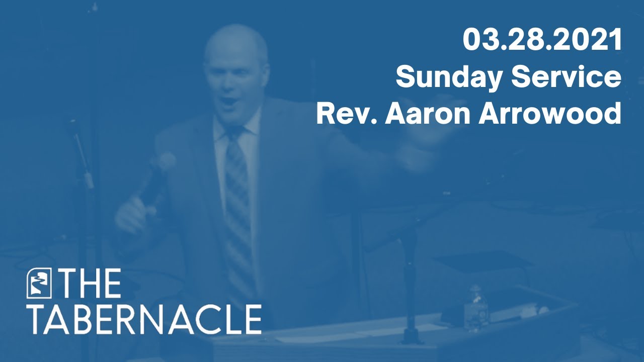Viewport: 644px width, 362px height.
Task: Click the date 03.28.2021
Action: click(x=542, y=40)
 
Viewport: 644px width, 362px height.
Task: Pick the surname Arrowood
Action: click(x=550, y=114)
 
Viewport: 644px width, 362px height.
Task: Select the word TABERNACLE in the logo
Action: click(x=144, y=319)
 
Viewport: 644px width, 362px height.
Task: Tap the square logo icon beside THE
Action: click(x=39, y=284)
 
